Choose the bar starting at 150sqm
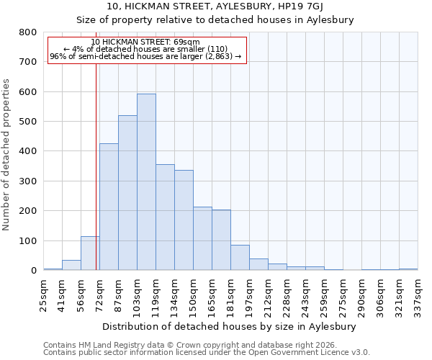tap(202, 238)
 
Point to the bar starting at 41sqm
tap(71, 265)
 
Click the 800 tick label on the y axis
tap(28, 32)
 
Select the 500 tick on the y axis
tap(28, 122)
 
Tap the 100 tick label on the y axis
tap(28, 240)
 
